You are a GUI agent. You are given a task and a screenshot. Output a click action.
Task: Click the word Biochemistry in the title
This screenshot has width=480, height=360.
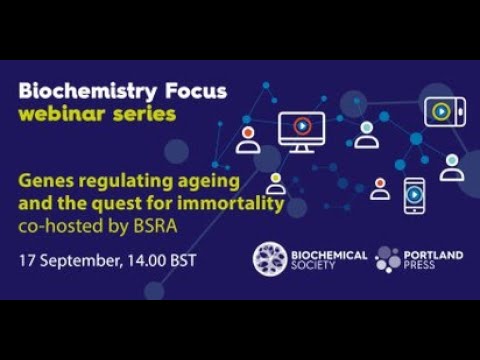pyautogui.click(x=79, y=91)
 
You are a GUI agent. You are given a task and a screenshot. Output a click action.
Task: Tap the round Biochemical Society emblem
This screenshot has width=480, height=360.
pyautogui.click(x=270, y=259)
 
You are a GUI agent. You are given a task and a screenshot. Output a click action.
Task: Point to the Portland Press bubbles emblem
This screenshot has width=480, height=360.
pyautogui.click(x=388, y=259)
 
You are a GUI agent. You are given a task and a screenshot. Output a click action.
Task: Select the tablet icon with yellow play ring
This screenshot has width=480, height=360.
pyautogui.click(x=442, y=111)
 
